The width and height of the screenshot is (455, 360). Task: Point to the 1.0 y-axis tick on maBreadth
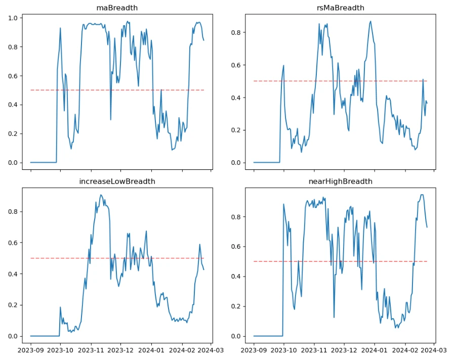[13, 18]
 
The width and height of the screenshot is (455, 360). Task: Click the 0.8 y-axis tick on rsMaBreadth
[236, 33]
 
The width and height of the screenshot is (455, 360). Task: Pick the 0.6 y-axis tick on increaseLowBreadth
[13, 243]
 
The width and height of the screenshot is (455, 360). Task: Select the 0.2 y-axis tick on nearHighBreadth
[236, 306]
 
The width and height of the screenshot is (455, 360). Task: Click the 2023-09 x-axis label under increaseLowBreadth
[30, 349]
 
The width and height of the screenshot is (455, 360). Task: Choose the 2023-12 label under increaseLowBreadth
[121, 349]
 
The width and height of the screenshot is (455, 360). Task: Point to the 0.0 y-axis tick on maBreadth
[13, 163]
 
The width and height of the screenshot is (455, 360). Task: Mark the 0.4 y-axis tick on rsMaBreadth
[236, 98]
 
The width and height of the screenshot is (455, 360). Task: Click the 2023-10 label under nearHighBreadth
[283, 349]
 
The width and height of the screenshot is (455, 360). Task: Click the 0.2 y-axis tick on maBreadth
[13, 134]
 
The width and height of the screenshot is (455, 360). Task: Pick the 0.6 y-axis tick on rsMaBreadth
[236, 65]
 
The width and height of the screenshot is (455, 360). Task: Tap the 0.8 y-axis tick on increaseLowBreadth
[13, 211]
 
